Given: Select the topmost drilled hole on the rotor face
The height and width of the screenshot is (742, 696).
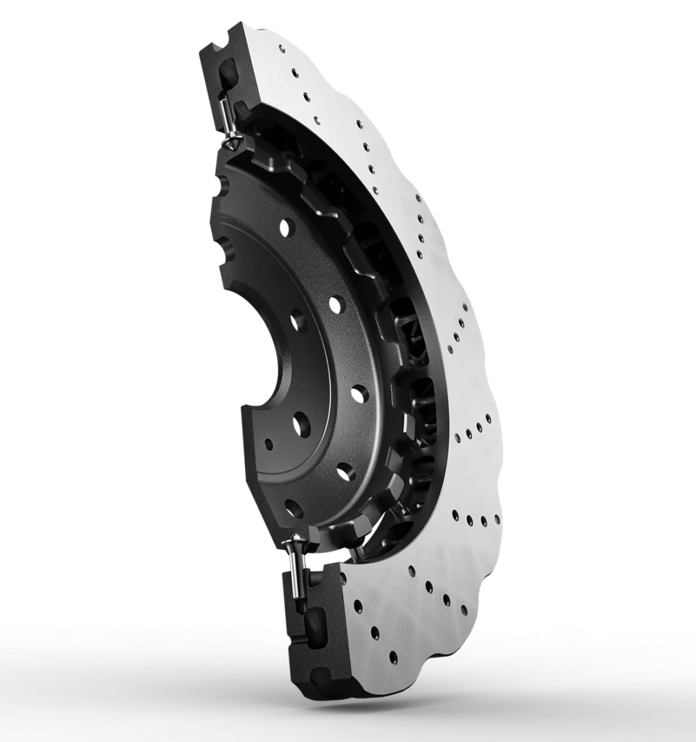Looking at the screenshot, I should (x=294, y=72).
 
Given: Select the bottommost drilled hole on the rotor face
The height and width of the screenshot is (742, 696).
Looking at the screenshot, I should (x=393, y=658).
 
